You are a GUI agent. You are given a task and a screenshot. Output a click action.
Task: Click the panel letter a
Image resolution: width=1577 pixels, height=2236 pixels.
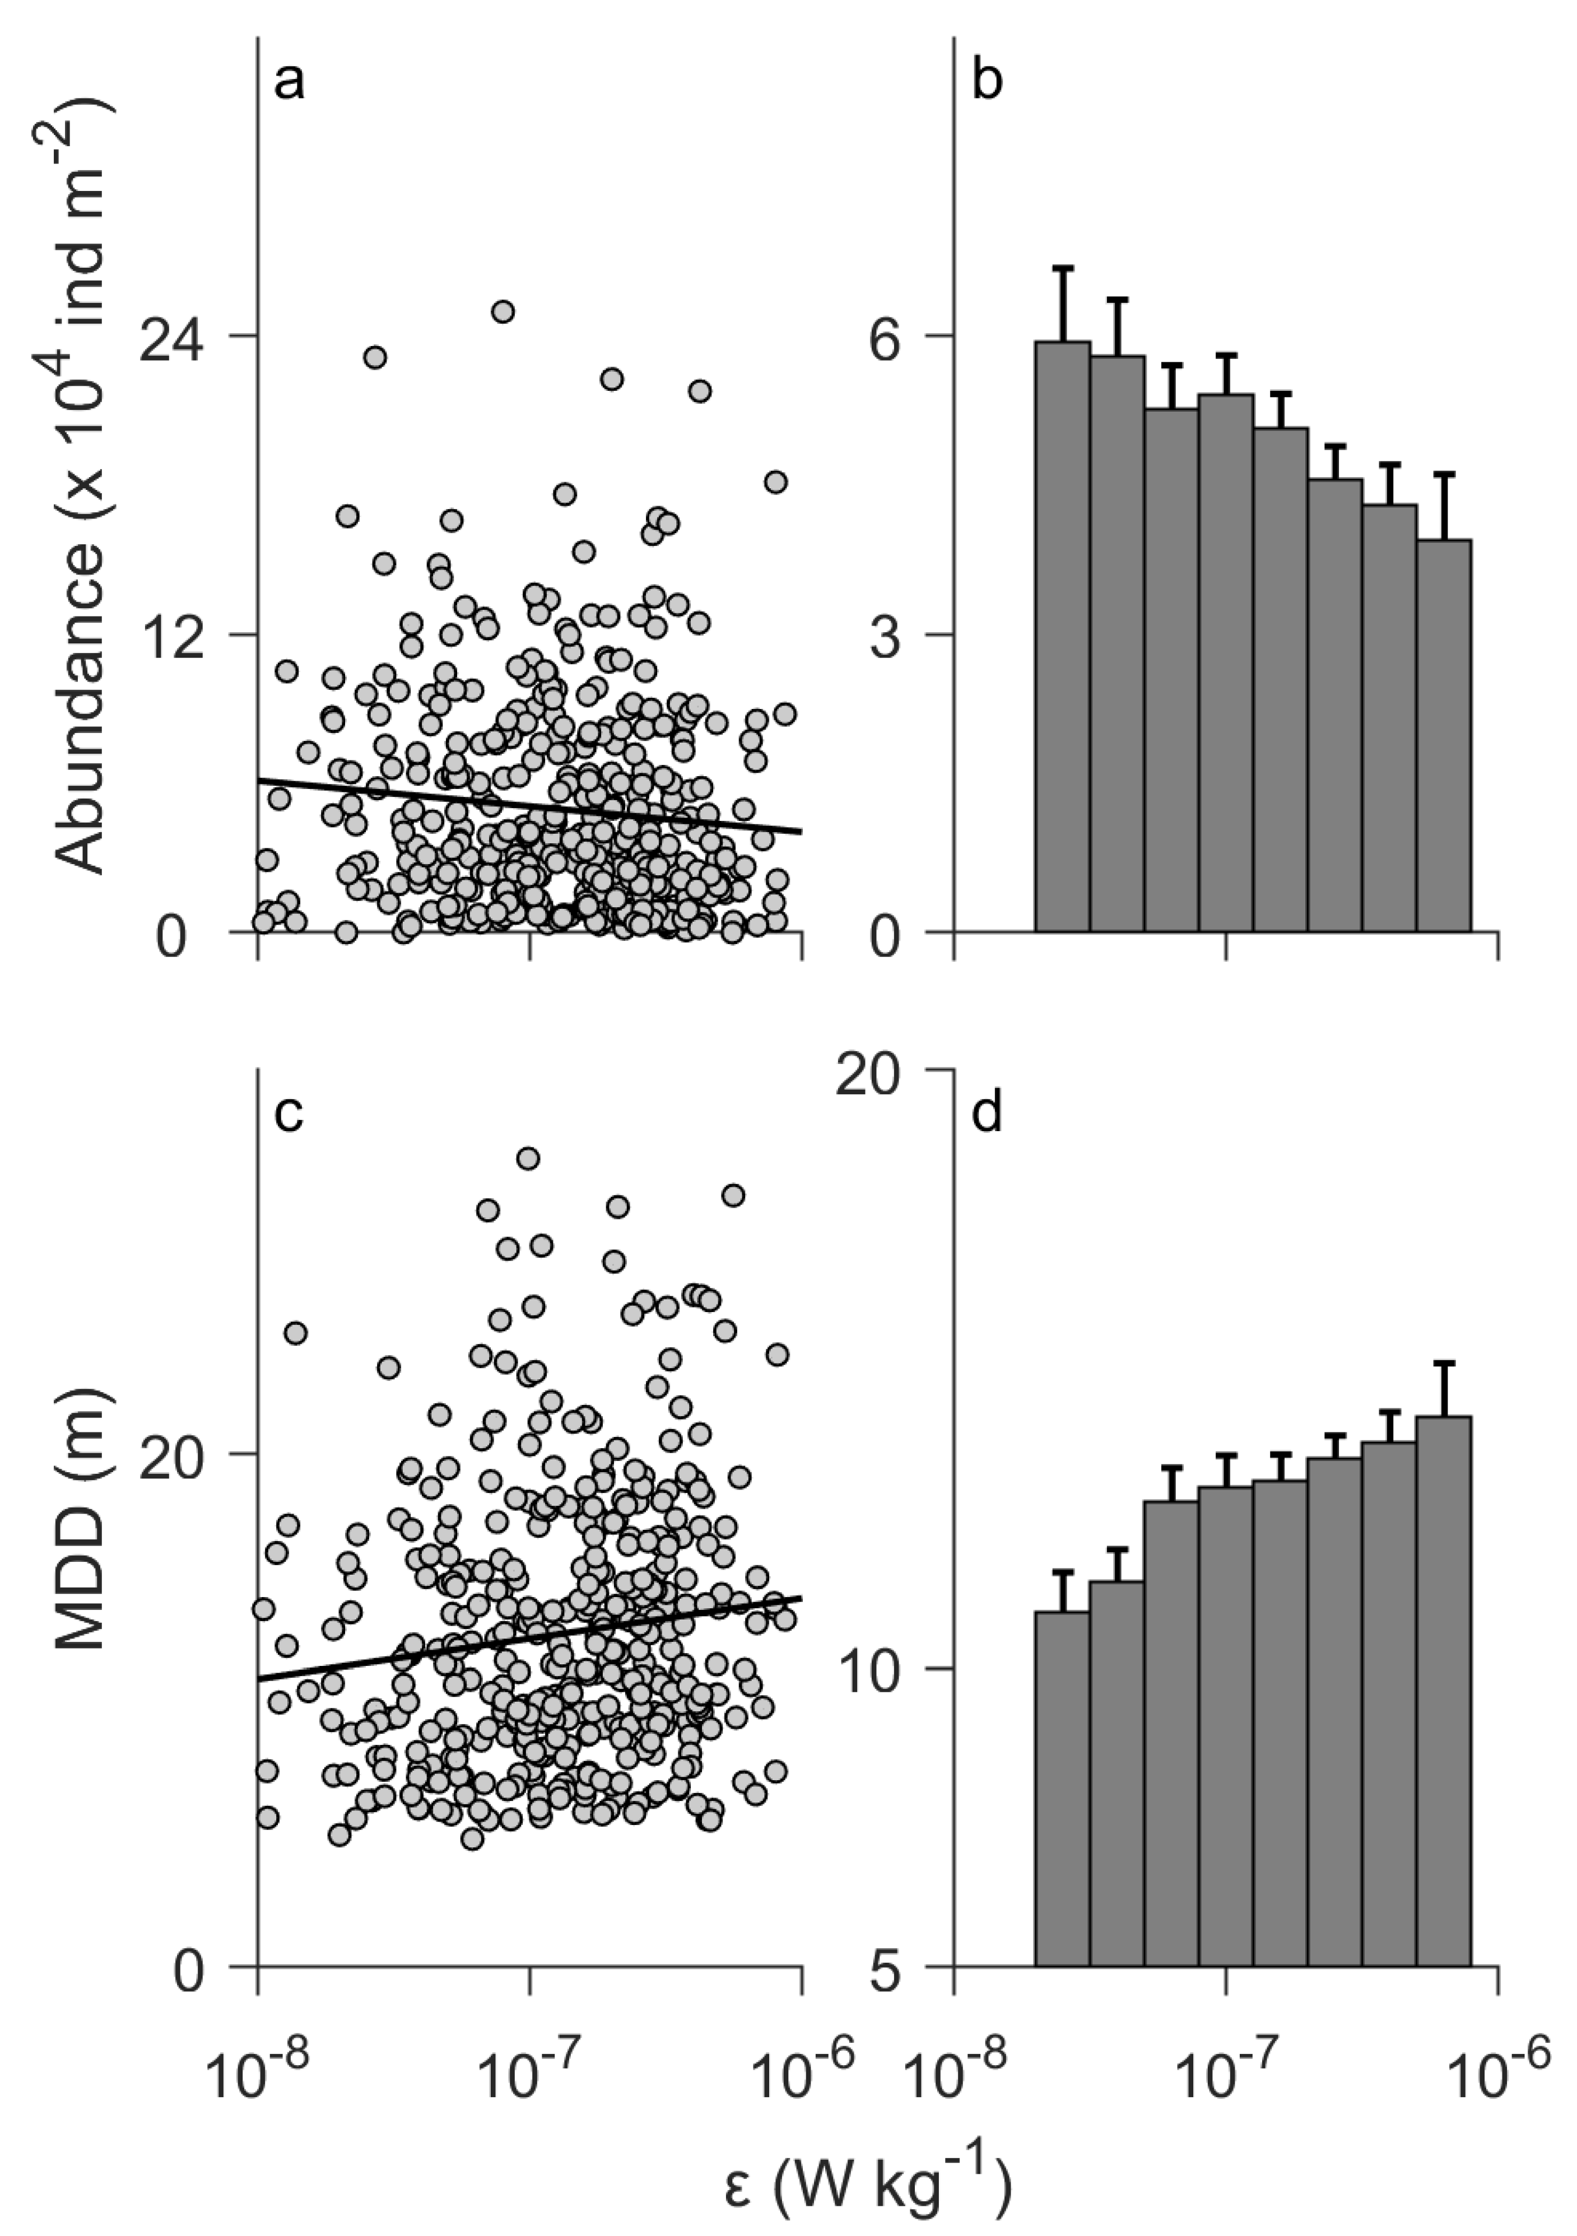tap(289, 85)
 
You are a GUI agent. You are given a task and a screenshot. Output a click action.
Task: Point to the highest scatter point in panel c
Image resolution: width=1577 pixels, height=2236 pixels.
tap(528, 1158)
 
